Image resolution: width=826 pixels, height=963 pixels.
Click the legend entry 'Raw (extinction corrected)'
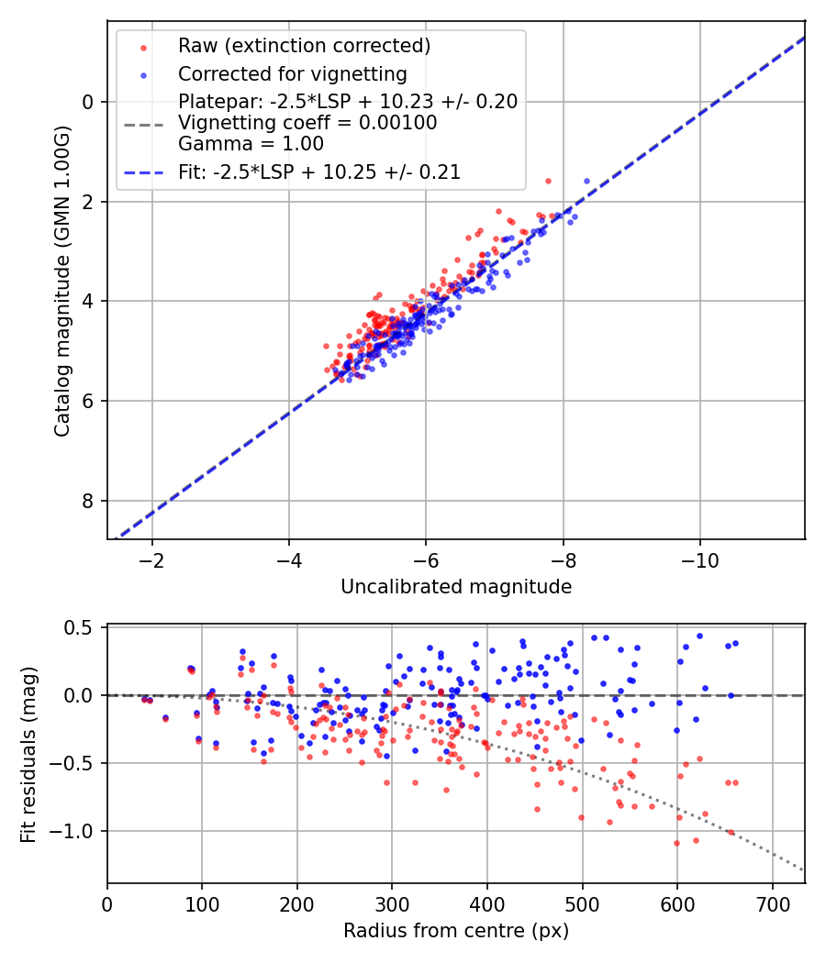pyautogui.click(x=304, y=46)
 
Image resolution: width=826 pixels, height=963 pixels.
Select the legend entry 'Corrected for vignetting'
pyautogui.click(x=292, y=73)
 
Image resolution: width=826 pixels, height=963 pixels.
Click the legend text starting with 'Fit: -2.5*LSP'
pyautogui.click(x=319, y=172)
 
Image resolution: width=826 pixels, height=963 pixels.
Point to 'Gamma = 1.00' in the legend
pyautogui.click(x=251, y=143)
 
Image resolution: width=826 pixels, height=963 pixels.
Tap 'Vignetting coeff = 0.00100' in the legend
pyautogui.click(x=307, y=122)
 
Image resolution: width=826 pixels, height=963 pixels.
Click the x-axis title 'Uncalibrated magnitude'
pyautogui.click(x=456, y=587)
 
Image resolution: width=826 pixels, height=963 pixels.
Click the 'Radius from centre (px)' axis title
pyautogui.click(x=456, y=931)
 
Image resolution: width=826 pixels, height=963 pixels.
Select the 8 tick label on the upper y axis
pyautogui.click(x=88, y=501)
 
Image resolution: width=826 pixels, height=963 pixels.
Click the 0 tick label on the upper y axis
pyautogui.click(x=88, y=102)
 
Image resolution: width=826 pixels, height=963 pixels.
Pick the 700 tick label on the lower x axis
pyautogui.click(x=772, y=903)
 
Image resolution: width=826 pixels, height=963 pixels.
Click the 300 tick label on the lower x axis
pyautogui.click(x=392, y=903)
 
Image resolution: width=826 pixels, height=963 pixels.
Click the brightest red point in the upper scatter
pyautogui.click(x=548, y=181)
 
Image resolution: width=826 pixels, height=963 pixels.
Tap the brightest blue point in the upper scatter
pyautogui.click(x=586, y=181)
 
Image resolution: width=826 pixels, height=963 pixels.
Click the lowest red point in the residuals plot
pyautogui.click(x=676, y=843)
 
